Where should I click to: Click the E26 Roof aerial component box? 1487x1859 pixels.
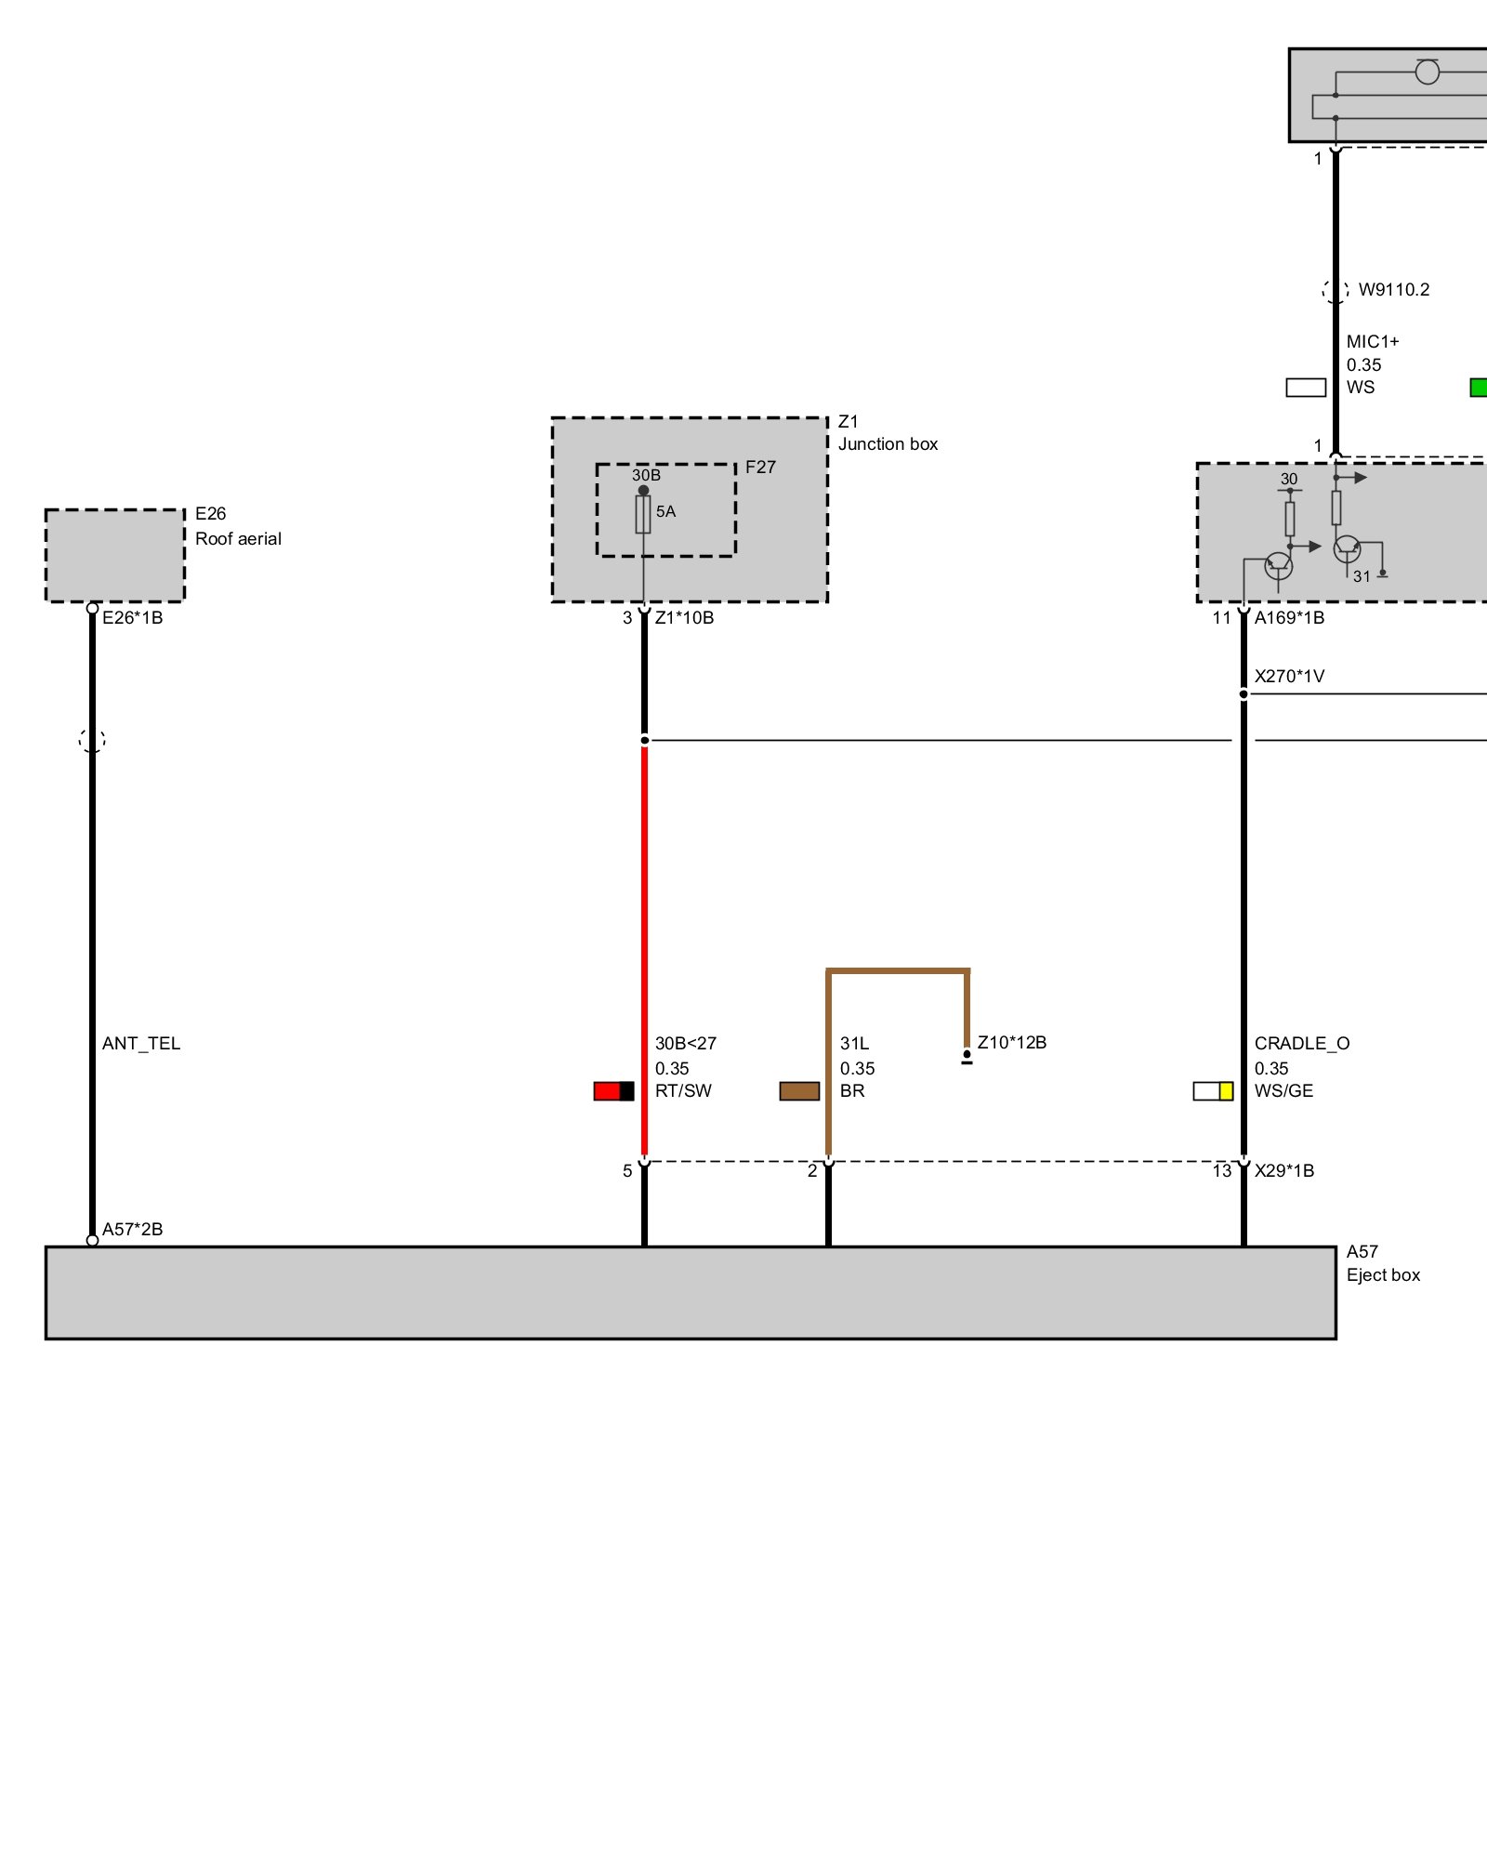pos(115,555)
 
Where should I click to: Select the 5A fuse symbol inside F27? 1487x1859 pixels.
pos(643,514)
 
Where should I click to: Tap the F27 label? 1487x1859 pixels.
pos(760,468)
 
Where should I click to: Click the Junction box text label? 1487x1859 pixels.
pos(888,444)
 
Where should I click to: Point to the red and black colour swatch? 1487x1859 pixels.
pos(613,1091)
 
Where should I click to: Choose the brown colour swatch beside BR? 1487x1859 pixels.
pos(799,1091)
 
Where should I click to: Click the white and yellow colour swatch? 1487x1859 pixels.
pos(1213,1091)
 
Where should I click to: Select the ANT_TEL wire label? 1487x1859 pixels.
pos(141,1044)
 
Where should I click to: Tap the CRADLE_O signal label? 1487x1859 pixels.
pos(1302,1044)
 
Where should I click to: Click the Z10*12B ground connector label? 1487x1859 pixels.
pos(1011,1043)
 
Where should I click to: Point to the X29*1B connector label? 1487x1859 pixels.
pos(1284,1171)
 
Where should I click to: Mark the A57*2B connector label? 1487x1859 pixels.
pos(132,1230)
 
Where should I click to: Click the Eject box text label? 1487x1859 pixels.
pos(1383,1275)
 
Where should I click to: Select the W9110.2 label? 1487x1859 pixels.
pos(1394,290)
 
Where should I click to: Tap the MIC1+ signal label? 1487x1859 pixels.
pos(1373,342)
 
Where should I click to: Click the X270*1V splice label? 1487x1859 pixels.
pos(1289,677)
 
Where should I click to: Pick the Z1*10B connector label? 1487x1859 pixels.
pos(684,618)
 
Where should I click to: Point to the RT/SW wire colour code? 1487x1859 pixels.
pos(683,1091)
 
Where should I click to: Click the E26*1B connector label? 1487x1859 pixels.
pos(132,618)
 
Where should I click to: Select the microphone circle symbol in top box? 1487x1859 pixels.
pos(1427,72)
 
